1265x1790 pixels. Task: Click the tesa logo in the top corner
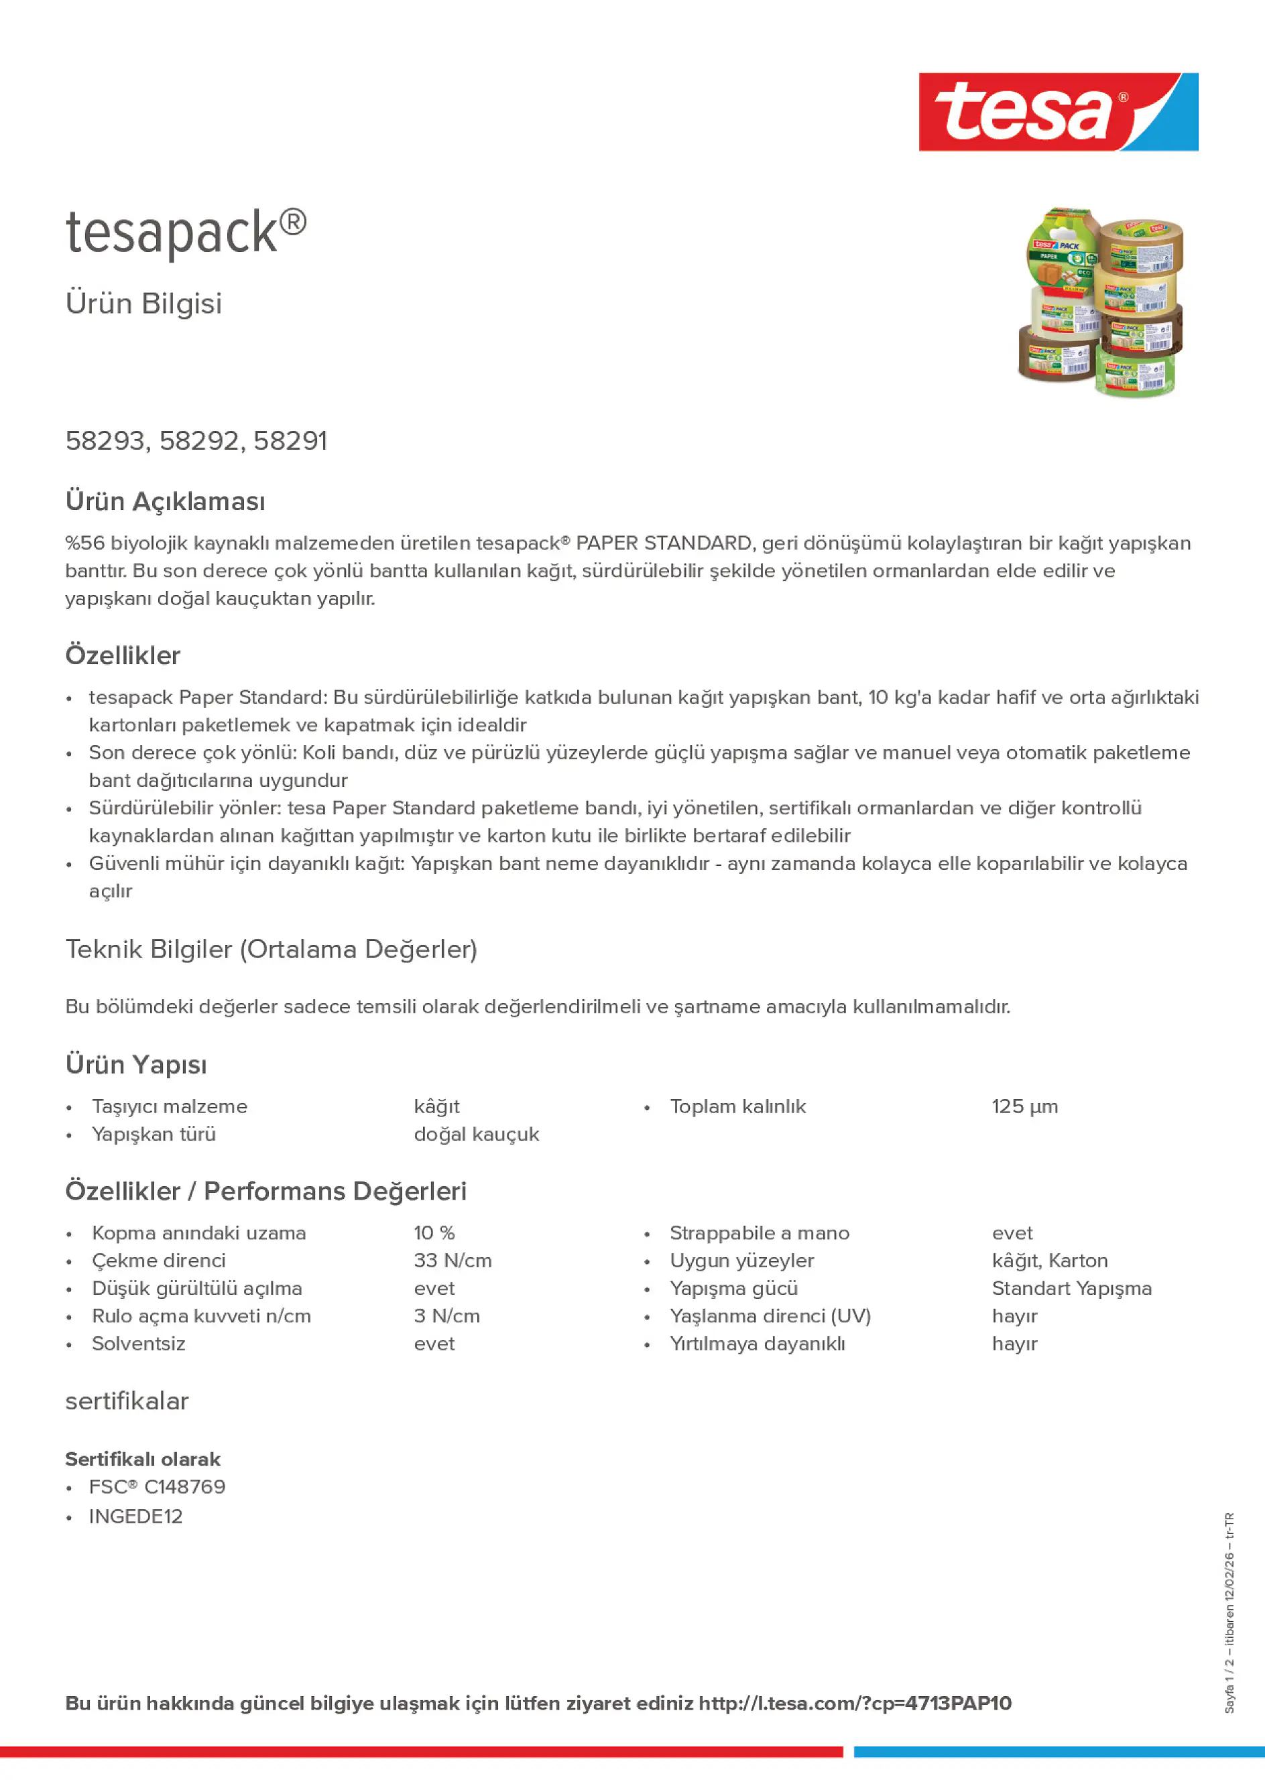click(1058, 111)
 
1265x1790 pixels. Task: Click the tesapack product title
click(186, 233)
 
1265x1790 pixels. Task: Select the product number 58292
click(199, 441)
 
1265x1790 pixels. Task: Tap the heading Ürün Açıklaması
click(166, 501)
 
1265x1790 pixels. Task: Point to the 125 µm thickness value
click(1024, 1106)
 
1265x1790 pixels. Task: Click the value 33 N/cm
click(453, 1261)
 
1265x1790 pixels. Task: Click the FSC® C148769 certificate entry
click(157, 1486)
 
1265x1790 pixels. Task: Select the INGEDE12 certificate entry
click(135, 1517)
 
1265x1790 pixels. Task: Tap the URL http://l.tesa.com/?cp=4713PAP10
click(855, 1704)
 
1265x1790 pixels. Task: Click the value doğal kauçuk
click(476, 1135)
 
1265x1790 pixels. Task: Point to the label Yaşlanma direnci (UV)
click(770, 1316)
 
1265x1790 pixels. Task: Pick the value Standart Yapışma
click(1071, 1288)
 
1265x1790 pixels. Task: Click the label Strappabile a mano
click(759, 1232)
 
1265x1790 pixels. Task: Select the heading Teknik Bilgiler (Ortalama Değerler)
click(272, 949)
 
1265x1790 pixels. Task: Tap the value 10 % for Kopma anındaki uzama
click(434, 1232)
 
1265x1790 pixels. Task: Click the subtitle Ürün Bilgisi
click(143, 304)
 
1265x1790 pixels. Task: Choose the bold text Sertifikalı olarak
click(143, 1459)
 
